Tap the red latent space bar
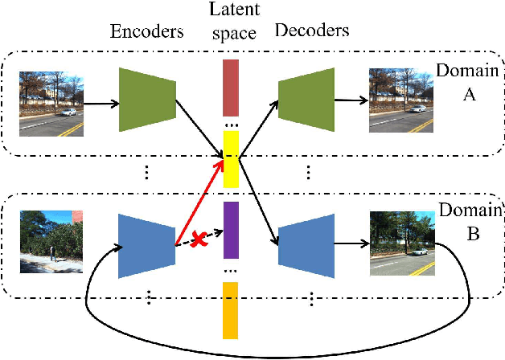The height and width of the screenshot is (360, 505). point(231,87)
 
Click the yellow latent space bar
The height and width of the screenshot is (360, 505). point(231,159)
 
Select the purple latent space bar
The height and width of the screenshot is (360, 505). point(231,229)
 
